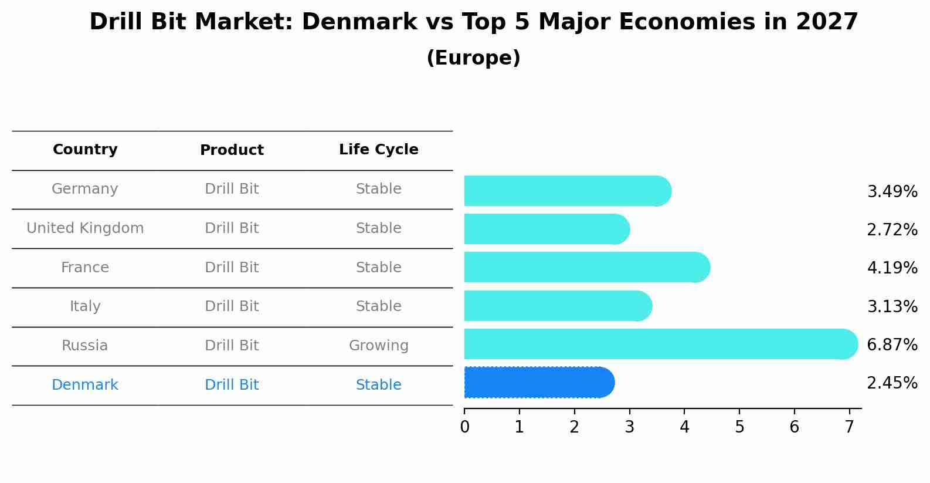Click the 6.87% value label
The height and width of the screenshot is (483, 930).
pyautogui.click(x=892, y=344)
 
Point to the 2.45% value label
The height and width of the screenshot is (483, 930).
pyautogui.click(x=892, y=383)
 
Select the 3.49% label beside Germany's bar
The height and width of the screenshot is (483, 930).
pyautogui.click(x=892, y=192)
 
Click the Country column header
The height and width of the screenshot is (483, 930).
pyautogui.click(x=85, y=150)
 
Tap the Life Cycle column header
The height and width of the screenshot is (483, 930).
pyautogui.click(x=379, y=150)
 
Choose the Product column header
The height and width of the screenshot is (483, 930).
pyautogui.click(x=232, y=150)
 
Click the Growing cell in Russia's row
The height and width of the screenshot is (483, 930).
pyautogui.click(x=379, y=346)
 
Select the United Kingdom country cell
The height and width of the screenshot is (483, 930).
pyautogui.click(x=85, y=228)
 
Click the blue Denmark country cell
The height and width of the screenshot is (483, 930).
pyautogui.click(x=85, y=385)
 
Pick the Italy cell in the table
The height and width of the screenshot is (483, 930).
pyautogui.click(x=85, y=306)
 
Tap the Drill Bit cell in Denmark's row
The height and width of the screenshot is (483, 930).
pyautogui.click(x=232, y=385)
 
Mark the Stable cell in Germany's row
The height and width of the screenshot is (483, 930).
pyautogui.click(x=379, y=189)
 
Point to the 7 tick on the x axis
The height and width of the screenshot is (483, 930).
pyautogui.click(x=849, y=427)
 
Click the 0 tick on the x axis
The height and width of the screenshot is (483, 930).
pyautogui.click(x=464, y=427)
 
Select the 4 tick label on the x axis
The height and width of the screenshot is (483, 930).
pyautogui.click(x=684, y=427)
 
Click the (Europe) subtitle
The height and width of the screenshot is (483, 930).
pyautogui.click(x=473, y=58)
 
